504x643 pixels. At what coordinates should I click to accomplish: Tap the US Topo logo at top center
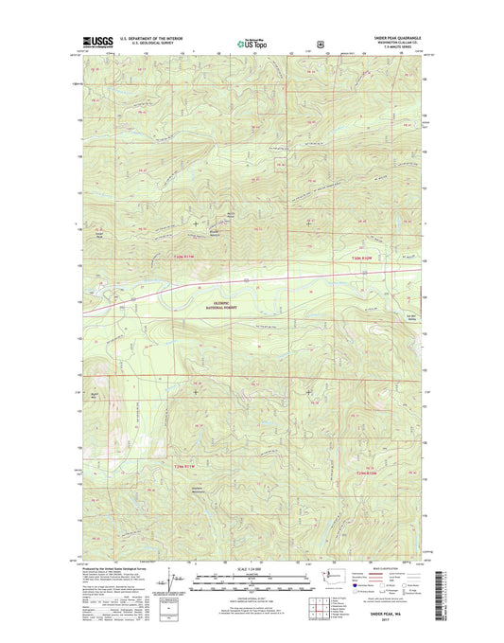coord(251,41)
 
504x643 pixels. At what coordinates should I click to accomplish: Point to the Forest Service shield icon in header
coord(322,42)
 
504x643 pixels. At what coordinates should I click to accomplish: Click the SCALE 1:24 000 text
coord(251,568)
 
